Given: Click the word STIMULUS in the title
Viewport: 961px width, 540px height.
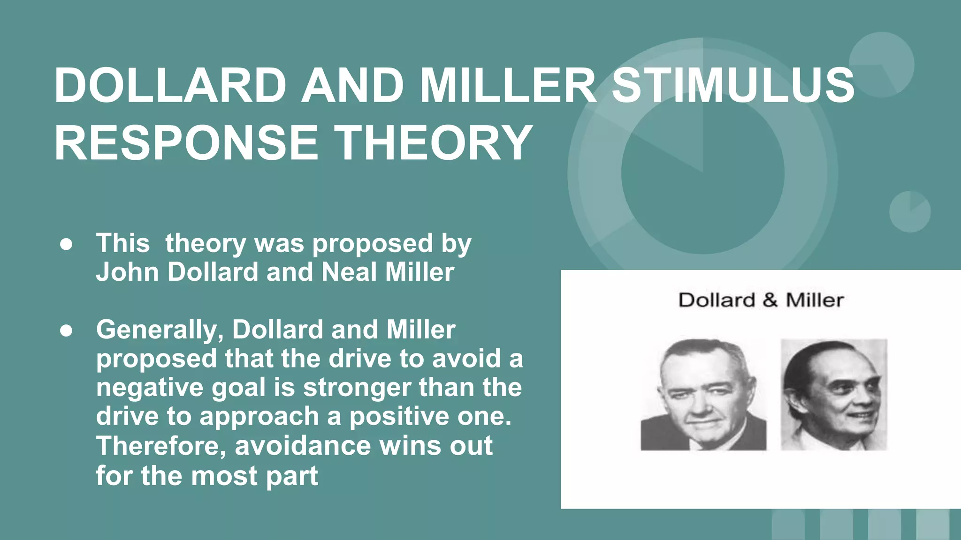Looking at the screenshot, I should point(733,85).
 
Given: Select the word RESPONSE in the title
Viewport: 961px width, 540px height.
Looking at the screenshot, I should point(186,142).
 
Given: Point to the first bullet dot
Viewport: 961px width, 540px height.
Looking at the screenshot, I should point(66,245).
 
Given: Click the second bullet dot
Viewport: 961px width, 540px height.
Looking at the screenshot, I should point(66,330).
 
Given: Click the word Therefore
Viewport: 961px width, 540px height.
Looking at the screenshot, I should point(161,445).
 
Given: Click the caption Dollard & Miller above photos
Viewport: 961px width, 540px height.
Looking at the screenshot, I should point(761,300).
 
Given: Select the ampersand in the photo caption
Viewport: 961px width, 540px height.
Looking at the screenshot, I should point(770,300).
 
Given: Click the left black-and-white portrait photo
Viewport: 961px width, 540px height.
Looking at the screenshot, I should point(703,395).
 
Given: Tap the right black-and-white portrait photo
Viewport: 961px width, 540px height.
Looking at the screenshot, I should point(834,395).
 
